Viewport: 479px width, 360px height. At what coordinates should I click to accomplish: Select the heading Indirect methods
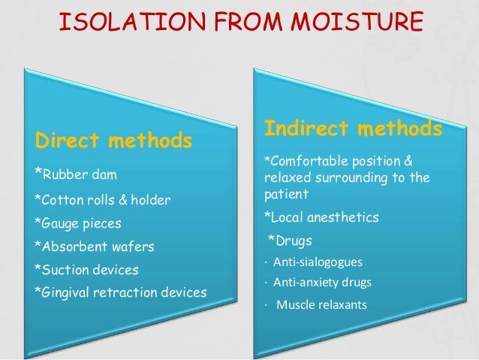pyautogui.click(x=352, y=129)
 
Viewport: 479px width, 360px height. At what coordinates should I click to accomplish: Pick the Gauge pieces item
pyautogui.click(x=77, y=223)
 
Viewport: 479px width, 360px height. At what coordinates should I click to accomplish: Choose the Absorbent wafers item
pyautogui.click(x=95, y=246)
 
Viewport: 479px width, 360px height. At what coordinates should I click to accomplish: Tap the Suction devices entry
pyautogui.click(x=86, y=268)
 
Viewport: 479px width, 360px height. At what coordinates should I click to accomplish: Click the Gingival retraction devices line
pyautogui.click(x=120, y=292)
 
